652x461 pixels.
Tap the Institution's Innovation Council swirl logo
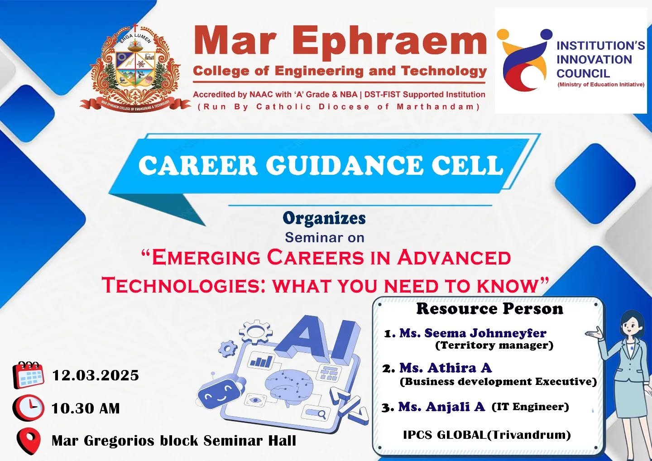coord(523,60)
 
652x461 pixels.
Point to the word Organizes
coord(324,218)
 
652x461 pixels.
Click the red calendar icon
coord(28,375)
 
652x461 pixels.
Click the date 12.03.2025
coord(96,375)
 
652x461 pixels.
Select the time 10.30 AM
coord(86,408)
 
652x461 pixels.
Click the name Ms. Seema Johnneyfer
coord(472,333)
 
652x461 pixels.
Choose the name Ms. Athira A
coord(446,368)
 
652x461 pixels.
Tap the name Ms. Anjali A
coord(441,407)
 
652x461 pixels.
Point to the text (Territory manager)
coord(494,346)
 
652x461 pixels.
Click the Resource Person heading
coord(489,309)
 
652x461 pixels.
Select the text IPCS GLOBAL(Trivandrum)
coord(487,435)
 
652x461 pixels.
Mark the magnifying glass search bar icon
coord(316,413)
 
